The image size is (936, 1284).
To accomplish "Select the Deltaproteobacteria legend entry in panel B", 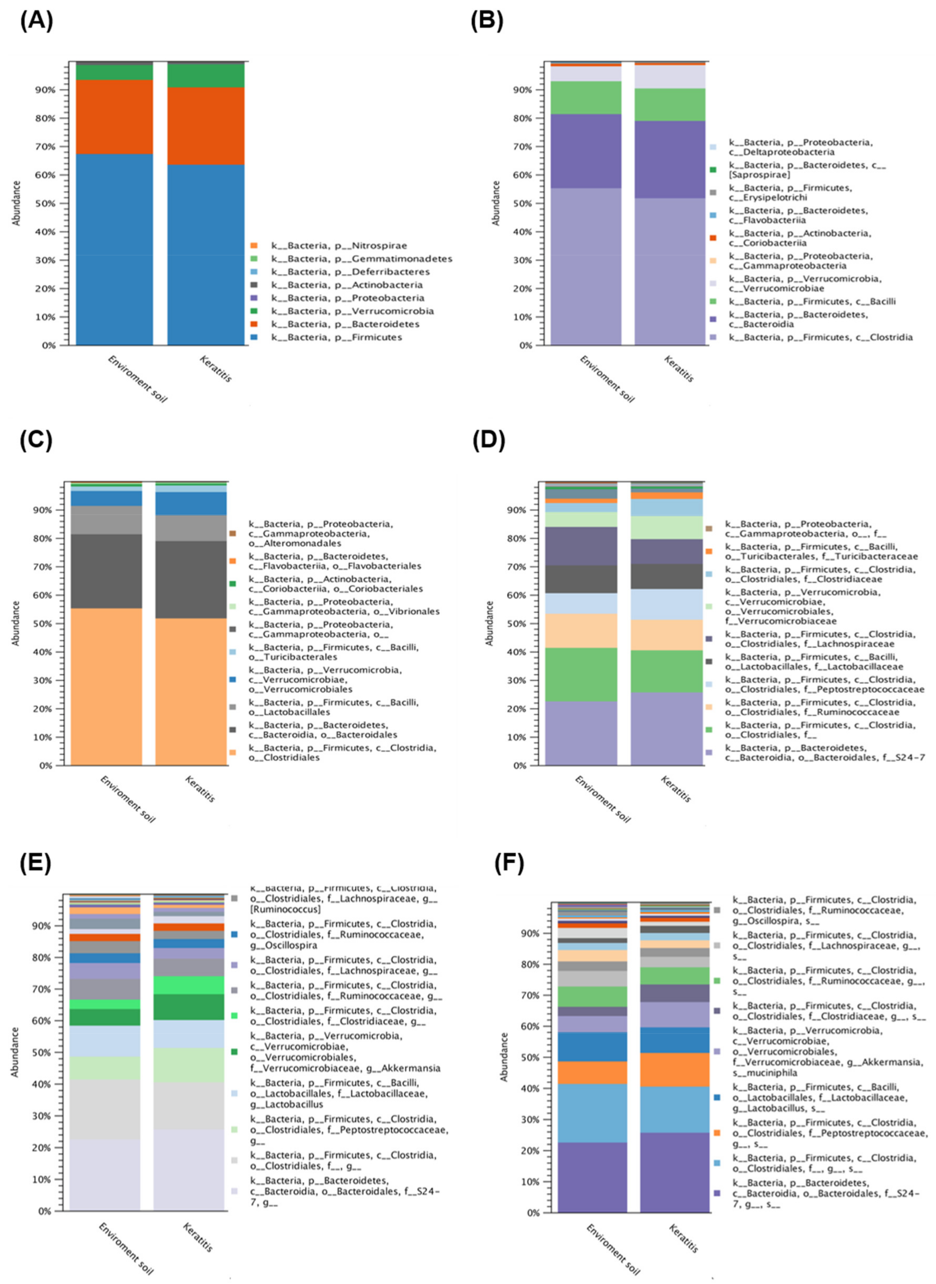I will (x=801, y=148).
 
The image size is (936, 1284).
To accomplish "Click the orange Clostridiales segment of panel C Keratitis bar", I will (x=191, y=692).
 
